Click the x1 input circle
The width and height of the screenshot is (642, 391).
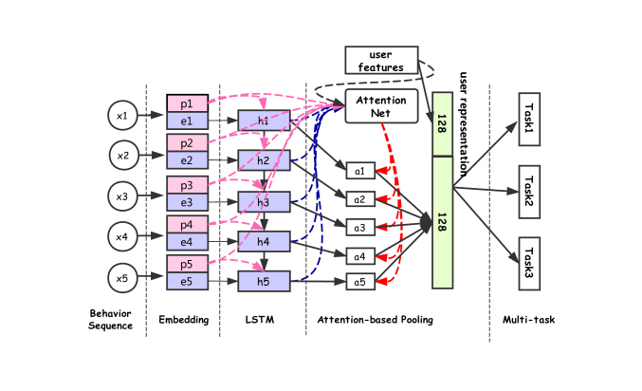tap(122, 116)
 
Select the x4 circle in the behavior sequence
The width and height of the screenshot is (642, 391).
tap(122, 236)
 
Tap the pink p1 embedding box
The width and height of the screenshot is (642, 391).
tap(187, 103)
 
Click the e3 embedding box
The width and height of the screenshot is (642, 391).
tap(187, 202)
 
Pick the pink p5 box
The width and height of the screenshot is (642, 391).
tap(187, 264)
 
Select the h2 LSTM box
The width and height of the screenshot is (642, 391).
tap(264, 160)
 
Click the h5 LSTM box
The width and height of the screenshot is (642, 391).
tap(264, 282)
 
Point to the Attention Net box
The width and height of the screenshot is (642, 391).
tap(381, 106)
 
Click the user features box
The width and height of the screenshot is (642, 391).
tap(381, 60)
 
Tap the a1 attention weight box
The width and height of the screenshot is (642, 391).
tap(360, 171)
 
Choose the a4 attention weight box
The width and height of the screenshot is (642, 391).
tap(360, 256)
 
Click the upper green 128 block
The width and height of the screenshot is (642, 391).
tap(443, 124)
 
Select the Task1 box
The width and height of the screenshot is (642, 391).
tap(529, 120)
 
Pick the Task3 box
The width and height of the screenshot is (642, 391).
tap(529, 264)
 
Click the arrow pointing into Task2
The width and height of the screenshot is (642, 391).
tap(486, 190)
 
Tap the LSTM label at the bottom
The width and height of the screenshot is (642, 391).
tap(260, 320)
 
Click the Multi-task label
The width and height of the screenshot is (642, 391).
tap(528, 320)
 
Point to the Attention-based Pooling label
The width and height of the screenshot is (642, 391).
tap(375, 320)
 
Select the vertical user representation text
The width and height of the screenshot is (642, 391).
tap(463, 124)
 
